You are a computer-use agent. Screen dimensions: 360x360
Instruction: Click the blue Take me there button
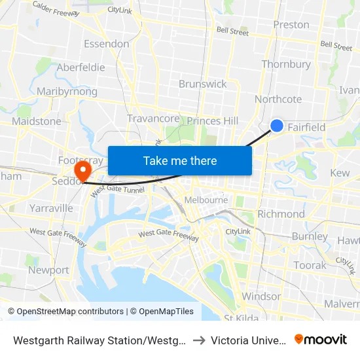180,160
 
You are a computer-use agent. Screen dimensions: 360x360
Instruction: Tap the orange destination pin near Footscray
82,171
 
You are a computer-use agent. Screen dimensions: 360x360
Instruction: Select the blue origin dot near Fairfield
277,126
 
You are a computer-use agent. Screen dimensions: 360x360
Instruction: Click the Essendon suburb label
106,44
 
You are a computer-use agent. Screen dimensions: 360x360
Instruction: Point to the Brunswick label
203,84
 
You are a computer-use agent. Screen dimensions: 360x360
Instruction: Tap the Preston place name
291,25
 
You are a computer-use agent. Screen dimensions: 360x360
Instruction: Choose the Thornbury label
286,64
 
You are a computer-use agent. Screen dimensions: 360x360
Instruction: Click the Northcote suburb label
278,99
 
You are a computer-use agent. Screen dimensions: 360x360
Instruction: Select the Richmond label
281,214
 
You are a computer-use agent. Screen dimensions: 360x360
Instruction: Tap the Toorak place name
310,265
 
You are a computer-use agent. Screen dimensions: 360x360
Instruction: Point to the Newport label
48,270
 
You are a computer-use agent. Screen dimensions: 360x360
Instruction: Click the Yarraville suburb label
51,208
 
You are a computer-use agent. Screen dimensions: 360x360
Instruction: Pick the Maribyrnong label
67,92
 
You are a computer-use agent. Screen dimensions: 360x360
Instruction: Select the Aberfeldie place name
81,67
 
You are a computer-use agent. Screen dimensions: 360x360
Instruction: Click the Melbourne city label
206,200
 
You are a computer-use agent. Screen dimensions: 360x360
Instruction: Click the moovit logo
321,340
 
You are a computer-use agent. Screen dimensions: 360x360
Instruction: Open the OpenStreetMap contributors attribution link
67,312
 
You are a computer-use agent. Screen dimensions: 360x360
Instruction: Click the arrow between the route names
200,340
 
